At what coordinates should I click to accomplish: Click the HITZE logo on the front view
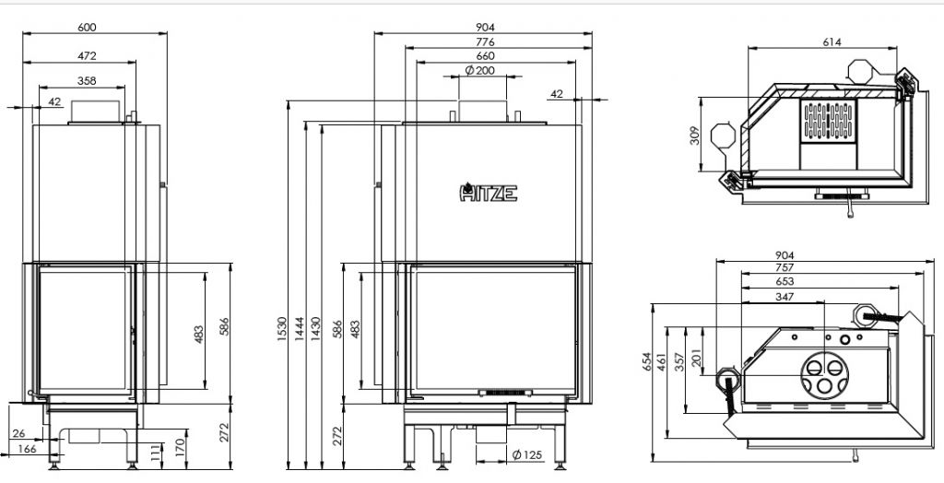click(x=489, y=192)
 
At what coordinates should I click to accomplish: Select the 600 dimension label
click(x=87, y=27)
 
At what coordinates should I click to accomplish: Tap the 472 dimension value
click(x=87, y=56)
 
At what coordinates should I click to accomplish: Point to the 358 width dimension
click(x=87, y=81)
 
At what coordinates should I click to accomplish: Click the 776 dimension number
click(x=485, y=42)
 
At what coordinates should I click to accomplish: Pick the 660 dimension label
click(x=485, y=56)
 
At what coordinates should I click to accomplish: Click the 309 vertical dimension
click(x=694, y=135)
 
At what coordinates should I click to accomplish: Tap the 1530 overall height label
click(x=282, y=329)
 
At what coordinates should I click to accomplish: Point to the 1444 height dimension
click(x=300, y=329)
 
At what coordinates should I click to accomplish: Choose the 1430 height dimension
click(x=316, y=329)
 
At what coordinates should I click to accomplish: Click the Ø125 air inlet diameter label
click(x=527, y=454)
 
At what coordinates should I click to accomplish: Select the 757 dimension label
click(x=785, y=267)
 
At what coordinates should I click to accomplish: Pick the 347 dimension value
click(x=785, y=297)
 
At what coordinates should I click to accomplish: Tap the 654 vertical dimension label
click(x=647, y=361)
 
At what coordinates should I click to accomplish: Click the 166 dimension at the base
click(x=27, y=449)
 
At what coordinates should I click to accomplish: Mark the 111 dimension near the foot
click(x=157, y=453)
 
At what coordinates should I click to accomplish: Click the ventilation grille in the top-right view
click(x=829, y=122)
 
